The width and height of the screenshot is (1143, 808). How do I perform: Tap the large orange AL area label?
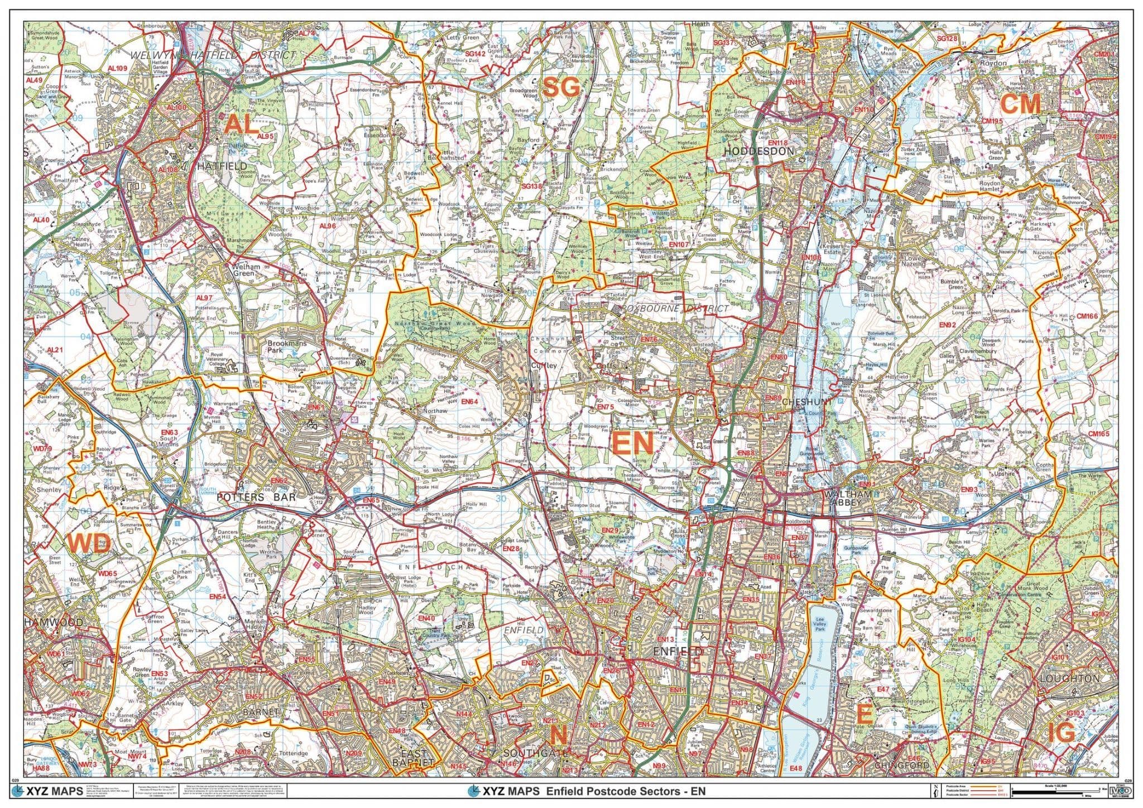click(242, 124)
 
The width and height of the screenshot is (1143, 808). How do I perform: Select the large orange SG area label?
click(560, 88)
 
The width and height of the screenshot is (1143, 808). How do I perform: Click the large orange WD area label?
click(89, 542)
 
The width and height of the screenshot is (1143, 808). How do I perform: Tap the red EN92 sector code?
click(948, 325)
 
